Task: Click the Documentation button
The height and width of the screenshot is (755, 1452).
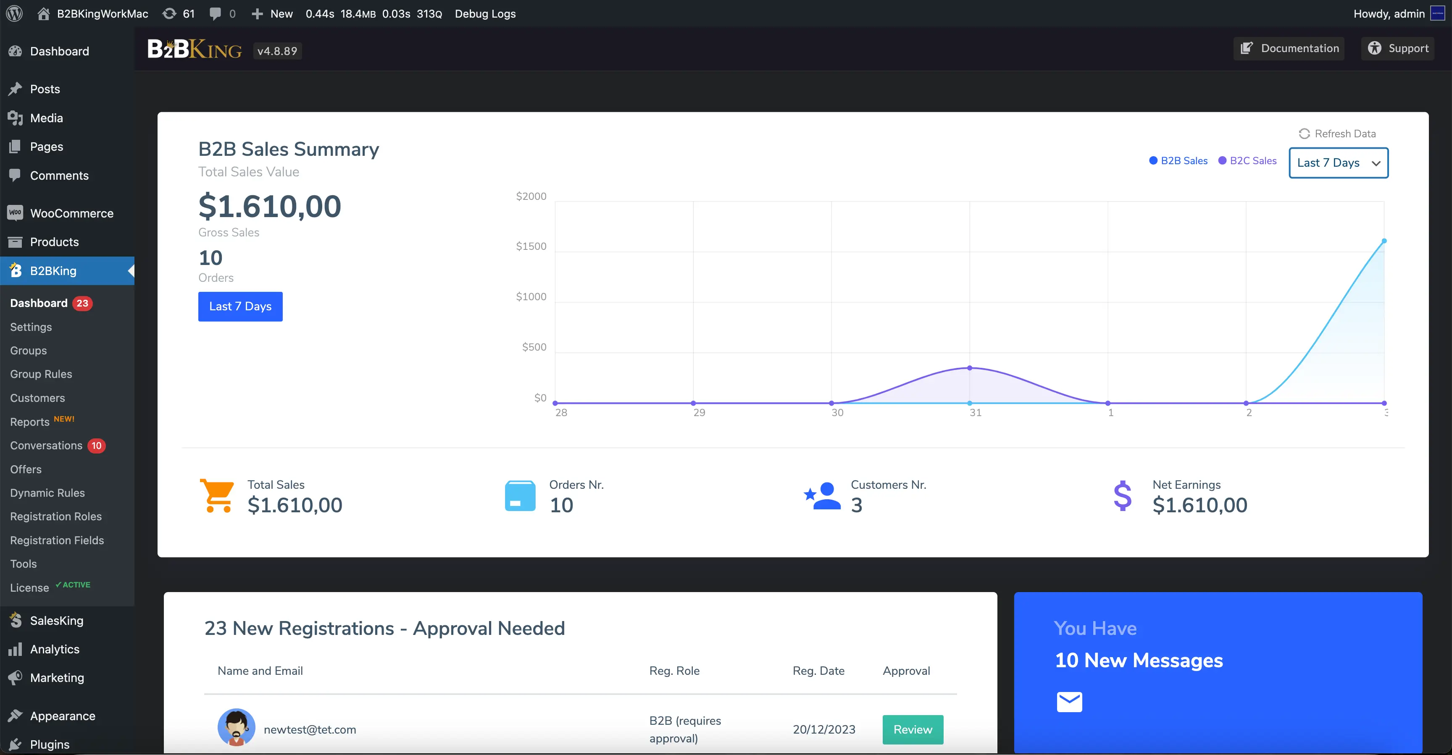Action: coord(1289,48)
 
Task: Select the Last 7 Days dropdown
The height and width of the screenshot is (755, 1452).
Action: coord(1338,163)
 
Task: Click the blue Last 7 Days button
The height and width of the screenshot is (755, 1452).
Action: coord(240,307)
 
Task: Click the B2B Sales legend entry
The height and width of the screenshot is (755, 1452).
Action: coord(1178,160)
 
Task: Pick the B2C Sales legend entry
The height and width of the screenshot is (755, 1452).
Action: coord(1247,160)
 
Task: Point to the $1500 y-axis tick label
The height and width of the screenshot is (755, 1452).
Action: coord(531,246)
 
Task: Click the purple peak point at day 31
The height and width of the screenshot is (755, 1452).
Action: coord(970,368)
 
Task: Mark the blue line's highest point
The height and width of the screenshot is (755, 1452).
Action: coord(1384,241)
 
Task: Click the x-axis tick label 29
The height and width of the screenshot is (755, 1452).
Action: coord(699,412)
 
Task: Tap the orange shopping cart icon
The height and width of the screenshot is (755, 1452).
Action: coord(217,496)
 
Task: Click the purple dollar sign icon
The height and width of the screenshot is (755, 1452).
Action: coord(1122,496)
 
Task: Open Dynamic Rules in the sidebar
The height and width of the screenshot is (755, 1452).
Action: coord(47,493)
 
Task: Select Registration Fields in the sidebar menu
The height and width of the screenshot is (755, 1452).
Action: coord(57,540)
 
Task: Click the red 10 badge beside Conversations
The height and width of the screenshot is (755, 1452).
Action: coord(96,446)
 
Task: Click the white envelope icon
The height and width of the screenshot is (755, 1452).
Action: coord(1069,702)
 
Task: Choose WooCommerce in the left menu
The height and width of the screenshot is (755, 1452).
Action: coord(71,213)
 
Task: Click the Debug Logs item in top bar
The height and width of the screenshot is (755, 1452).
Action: coord(485,13)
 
